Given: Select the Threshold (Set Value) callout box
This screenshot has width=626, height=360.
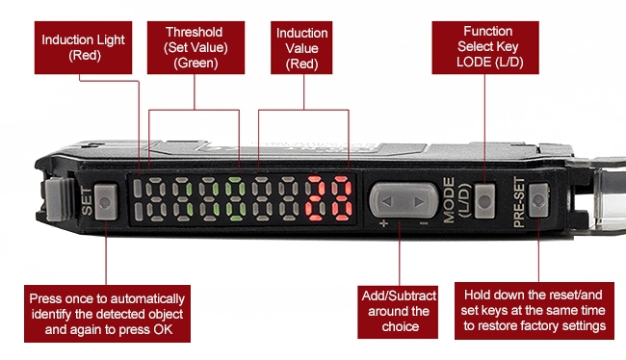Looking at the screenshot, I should (196, 47).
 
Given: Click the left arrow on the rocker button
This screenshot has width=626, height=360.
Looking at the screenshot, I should (385, 202).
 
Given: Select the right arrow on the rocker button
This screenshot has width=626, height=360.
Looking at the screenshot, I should (416, 201).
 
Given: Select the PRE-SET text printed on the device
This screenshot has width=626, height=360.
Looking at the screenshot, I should (520, 204).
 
